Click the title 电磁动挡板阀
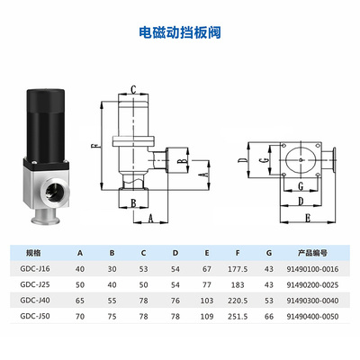tap(180, 32)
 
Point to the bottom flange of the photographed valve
tap(46, 218)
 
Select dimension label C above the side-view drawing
tap(133, 90)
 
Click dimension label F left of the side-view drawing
tap(94, 146)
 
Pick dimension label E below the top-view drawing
tap(308, 218)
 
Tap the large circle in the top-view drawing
tap(301, 159)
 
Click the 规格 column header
tap(33, 253)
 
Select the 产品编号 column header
tap(312, 253)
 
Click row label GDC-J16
tap(35, 269)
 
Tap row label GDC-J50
tap(35, 316)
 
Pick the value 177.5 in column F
tap(238, 269)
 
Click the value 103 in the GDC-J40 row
tap(207, 301)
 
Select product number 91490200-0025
tap(312, 285)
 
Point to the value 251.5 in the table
tap(238, 317)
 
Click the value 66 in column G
tap(269, 317)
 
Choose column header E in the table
tap(207, 253)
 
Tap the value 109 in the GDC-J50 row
tap(207, 317)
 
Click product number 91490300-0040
tap(312, 301)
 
